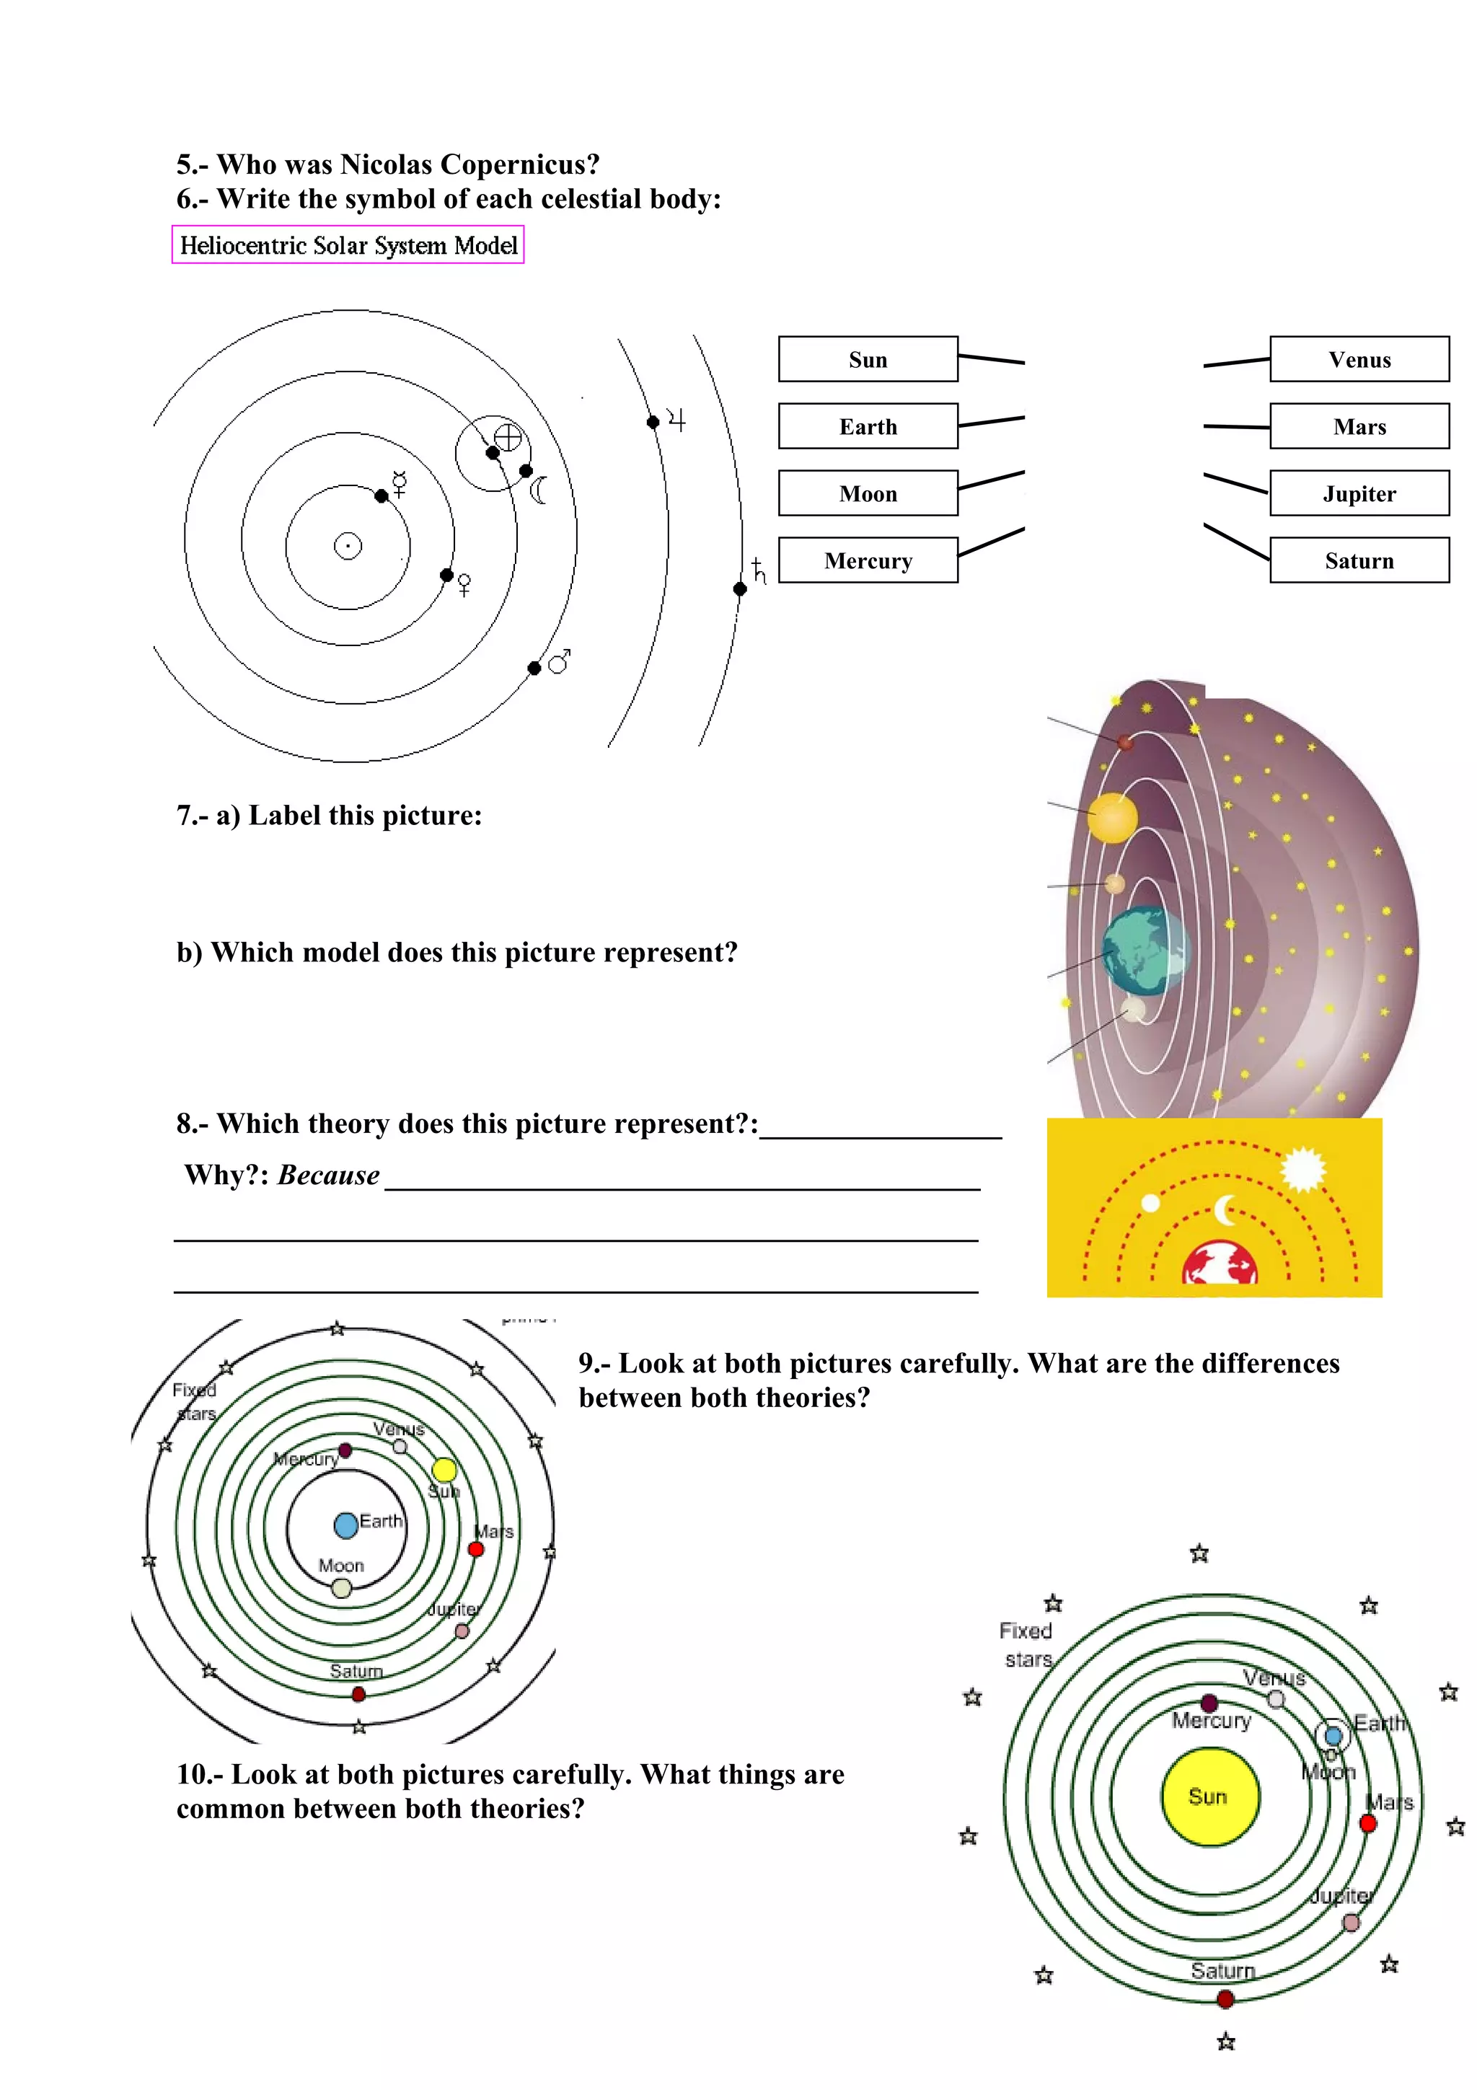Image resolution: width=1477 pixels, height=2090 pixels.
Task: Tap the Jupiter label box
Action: point(1359,493)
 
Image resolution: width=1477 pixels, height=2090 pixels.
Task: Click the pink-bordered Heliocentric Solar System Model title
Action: point(348,245)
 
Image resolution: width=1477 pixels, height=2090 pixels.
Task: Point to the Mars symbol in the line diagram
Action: point(560,661)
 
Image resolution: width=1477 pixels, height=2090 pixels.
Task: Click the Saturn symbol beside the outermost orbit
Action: point(759,572)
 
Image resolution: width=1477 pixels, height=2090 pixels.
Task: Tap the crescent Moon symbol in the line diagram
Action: point(539,490)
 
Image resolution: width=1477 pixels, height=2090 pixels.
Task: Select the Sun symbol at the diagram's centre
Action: point(348,545)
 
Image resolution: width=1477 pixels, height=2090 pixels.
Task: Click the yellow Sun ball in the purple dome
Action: point(1112,817)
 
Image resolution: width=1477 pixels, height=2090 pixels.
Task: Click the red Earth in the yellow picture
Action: point(1220,1264)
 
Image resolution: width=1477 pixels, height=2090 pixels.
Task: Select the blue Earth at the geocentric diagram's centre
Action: point(346,1525)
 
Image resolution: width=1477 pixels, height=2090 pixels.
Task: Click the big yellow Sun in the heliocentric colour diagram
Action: point(1209,1796)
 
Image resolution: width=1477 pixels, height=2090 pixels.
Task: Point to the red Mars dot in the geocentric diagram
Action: point(476,1548)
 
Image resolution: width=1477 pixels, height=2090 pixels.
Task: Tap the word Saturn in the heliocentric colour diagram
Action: point(1222,1971)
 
